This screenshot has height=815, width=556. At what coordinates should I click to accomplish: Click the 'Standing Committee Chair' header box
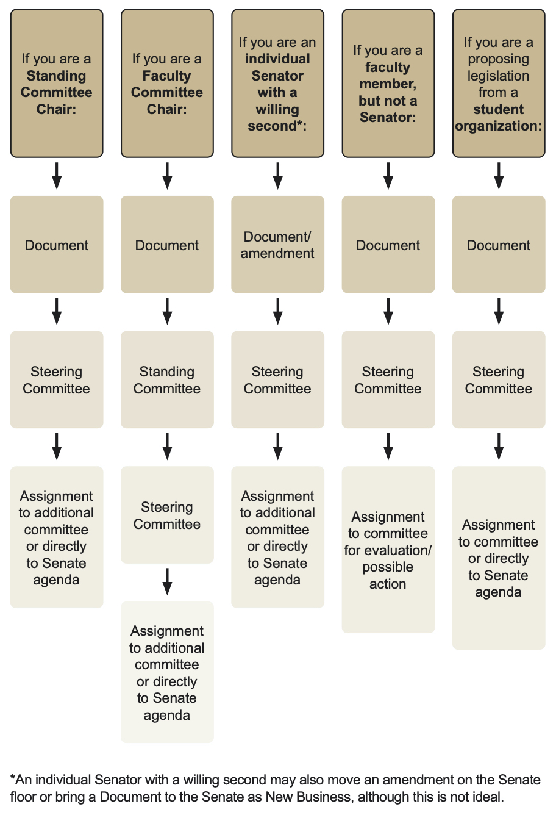pos(57,84)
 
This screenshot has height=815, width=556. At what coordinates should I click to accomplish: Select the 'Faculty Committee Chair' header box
pos(167,84)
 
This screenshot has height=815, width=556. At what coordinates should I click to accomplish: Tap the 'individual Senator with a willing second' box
pos(277,84)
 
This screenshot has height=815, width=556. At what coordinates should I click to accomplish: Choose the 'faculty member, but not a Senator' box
pos(388,84)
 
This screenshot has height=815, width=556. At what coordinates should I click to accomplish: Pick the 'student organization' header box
pos(498,84)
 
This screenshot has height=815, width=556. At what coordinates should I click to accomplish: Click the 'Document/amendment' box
pos(277,245)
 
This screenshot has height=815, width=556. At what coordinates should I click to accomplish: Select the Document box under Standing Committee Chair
pos(57,245)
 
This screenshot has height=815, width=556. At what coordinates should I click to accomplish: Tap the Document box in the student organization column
pos(498,245)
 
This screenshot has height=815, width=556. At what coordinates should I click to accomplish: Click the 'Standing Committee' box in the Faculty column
pos(167,379)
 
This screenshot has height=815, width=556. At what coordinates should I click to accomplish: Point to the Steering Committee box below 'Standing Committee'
pos(167,515)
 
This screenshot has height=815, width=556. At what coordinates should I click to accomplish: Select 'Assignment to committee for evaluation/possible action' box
pos(388,550)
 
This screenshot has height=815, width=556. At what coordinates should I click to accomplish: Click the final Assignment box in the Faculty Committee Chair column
pos(167,672)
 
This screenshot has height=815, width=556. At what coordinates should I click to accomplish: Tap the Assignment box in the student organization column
pos(498,558)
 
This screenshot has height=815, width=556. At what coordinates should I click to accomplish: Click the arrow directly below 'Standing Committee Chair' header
pos(57,176)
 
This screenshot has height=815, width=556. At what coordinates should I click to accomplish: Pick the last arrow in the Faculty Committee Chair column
pos(167,582)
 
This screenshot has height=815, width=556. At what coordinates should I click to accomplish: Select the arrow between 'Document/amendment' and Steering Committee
pos(277,312)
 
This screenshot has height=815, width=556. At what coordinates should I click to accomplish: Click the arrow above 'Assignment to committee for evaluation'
pos(388,447)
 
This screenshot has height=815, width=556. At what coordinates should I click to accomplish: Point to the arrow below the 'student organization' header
pos(498,176)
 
